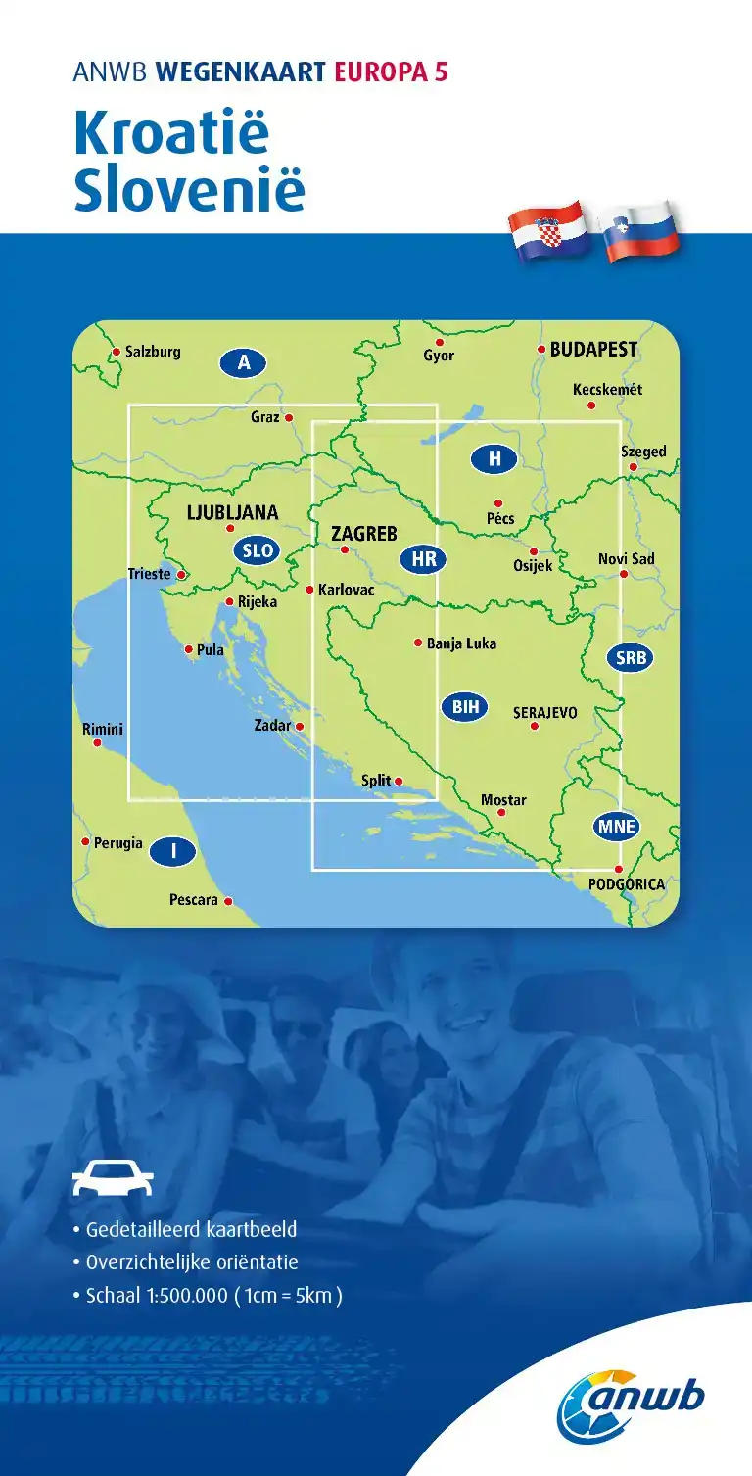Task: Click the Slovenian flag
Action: point(641,231)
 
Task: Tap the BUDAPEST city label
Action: point(593,349)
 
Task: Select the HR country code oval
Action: point(424,560)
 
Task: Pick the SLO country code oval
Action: point(258,550)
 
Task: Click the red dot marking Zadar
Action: point(300,727)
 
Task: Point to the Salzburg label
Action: point(153,352)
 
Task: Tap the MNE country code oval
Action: point(617,827)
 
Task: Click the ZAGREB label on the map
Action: point(364,534)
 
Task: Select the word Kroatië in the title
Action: point(171,133)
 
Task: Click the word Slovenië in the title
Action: point(190,191)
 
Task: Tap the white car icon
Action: point(114,1178)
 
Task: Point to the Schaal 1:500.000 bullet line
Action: point(208,1295)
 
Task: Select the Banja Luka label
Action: point(461,643)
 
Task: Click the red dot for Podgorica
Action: point(618,869)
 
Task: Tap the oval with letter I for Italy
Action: point(174,852)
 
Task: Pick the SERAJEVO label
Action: point(545,713)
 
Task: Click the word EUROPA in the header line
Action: point(382,72)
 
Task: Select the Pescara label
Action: point(193,899)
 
